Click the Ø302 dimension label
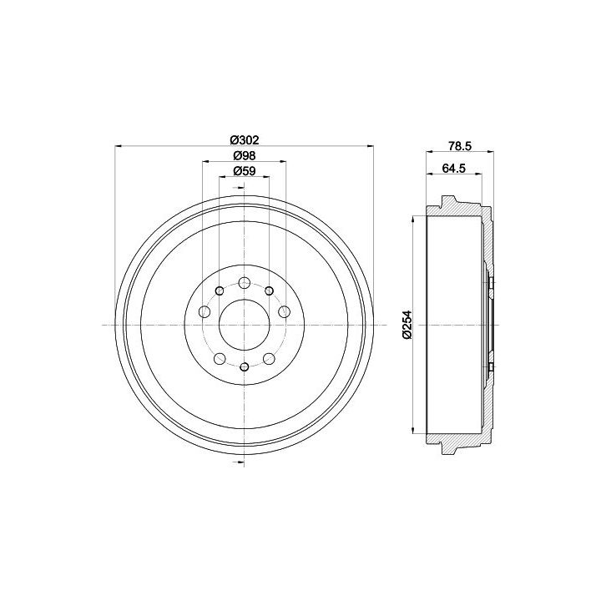[x=244, y=140]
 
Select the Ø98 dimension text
[x=244, y=155]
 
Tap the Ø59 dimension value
[x=244, y=171]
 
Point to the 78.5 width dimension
[x=460, y=145]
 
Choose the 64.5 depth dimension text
[x=453, y=168]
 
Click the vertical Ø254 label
[x=407, y=325]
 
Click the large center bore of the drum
[x=244, y=325]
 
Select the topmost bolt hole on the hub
[x=244, y=284]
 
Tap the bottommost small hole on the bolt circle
[x=244, y=366]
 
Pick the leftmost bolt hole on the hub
[x=205, y=311]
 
